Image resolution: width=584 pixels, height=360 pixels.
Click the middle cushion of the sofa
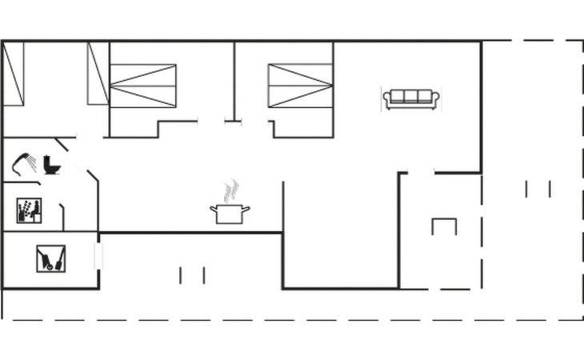pos(410,97)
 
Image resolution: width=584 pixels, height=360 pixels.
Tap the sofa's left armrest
pos(387,98)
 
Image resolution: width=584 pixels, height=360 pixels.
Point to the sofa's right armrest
pos(435,98)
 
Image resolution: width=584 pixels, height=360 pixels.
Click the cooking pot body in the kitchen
pos(230,214)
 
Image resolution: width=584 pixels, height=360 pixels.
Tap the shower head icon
pos(26,162)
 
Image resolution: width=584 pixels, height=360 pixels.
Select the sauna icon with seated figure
pos(29,211)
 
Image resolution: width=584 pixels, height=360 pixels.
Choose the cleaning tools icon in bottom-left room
pos(50,258)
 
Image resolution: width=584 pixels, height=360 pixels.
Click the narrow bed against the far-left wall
pos(14,74)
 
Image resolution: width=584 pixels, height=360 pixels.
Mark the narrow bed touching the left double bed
pos(98,74)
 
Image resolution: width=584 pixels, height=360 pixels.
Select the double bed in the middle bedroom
pos(142,86)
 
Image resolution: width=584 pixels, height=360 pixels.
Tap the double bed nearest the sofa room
pos(300,86)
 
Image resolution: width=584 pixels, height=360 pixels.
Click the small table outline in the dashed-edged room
pos(444,226)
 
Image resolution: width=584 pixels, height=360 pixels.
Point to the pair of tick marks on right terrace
pos(538,189)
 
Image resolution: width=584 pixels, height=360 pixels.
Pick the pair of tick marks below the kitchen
pos(192,275)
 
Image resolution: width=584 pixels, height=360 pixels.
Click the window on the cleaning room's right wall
pos(98,255)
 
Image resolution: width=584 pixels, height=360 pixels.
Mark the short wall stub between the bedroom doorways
pos(233,122)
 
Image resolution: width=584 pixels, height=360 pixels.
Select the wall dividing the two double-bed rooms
pos(234,80)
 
